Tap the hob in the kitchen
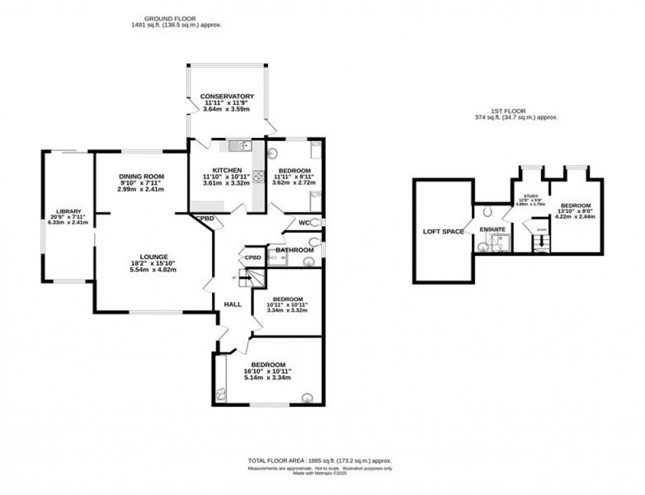pyautogui.click(x=259, y=176)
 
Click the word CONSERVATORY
pyautogui.click(x=227, y=97)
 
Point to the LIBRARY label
pyautogui.click(x=68, y=212)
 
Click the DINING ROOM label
pyautogui.click(x=141, y=177)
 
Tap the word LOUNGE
pyautogui.click(x=153, y=256)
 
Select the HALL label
pyautogui.click(x=232, y=305)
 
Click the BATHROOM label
pyautogui.click(x=294, y=250)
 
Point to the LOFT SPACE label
pyautogui.click(x=443, y=231)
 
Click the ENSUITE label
pyautogui.click(x=492, y=229)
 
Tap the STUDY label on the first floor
pyautogui.click(x=530, y=196)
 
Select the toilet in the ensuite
pyautogui.click(x=486, y=212)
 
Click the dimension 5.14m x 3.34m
pyautogui.click(x=268, y=378)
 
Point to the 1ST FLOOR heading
pyautogui.click(x=516, y=111)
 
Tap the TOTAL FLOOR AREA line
pyautogui.click(x=322, y=461)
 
